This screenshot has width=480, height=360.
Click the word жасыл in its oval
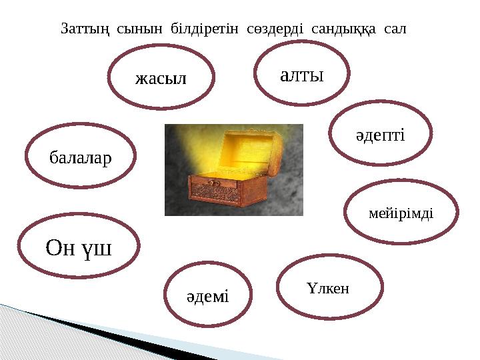click(161, 78)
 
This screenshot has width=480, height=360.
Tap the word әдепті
click(379, 135)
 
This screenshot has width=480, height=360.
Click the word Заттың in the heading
click(85, 29)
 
